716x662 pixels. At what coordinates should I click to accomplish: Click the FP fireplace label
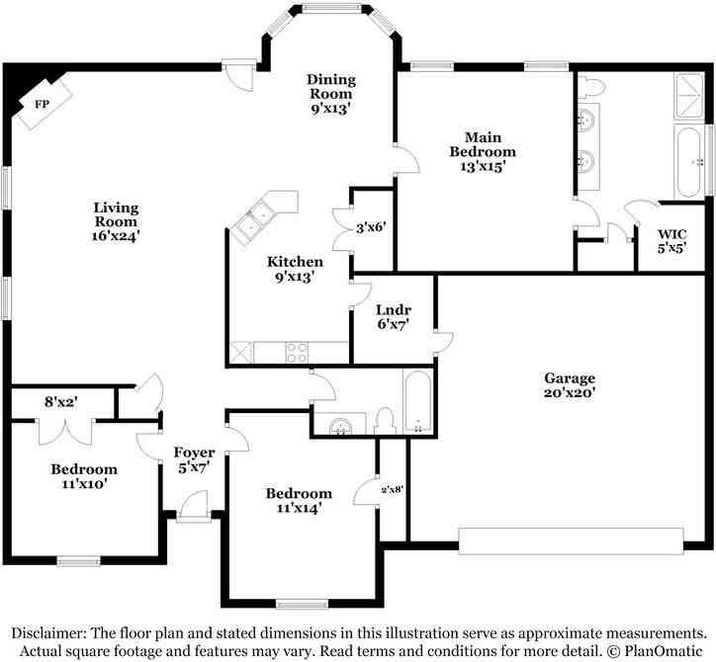pos(42,105)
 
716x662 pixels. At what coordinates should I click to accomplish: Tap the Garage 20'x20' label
pos(570,385)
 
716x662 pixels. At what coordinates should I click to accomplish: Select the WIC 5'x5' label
pos(671,241)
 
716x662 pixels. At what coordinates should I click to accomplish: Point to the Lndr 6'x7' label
pos(394,317)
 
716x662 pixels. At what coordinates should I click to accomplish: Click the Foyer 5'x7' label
pos(194,459)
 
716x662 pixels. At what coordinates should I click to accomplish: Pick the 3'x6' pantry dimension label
pos(371,227)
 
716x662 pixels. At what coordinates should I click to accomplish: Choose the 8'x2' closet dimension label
pos(61,402)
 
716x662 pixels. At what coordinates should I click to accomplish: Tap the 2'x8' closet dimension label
pos(392,490)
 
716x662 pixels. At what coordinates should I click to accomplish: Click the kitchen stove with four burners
pos(297,353)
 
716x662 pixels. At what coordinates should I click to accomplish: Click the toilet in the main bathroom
pos(591,87)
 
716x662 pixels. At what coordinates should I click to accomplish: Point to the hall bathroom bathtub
pos(417,401)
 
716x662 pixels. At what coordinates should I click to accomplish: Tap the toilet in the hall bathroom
pos(384,422)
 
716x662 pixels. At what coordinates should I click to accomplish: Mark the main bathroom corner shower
pos(688,96)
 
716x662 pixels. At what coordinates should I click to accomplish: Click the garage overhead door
pos(571,541)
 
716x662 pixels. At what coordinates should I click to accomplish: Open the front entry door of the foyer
pos(192,507)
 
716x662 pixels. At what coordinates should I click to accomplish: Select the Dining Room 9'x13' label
pos(331,94)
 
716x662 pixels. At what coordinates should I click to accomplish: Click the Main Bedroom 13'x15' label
pos(483,151)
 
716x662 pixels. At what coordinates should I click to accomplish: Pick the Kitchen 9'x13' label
pos(295,269)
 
